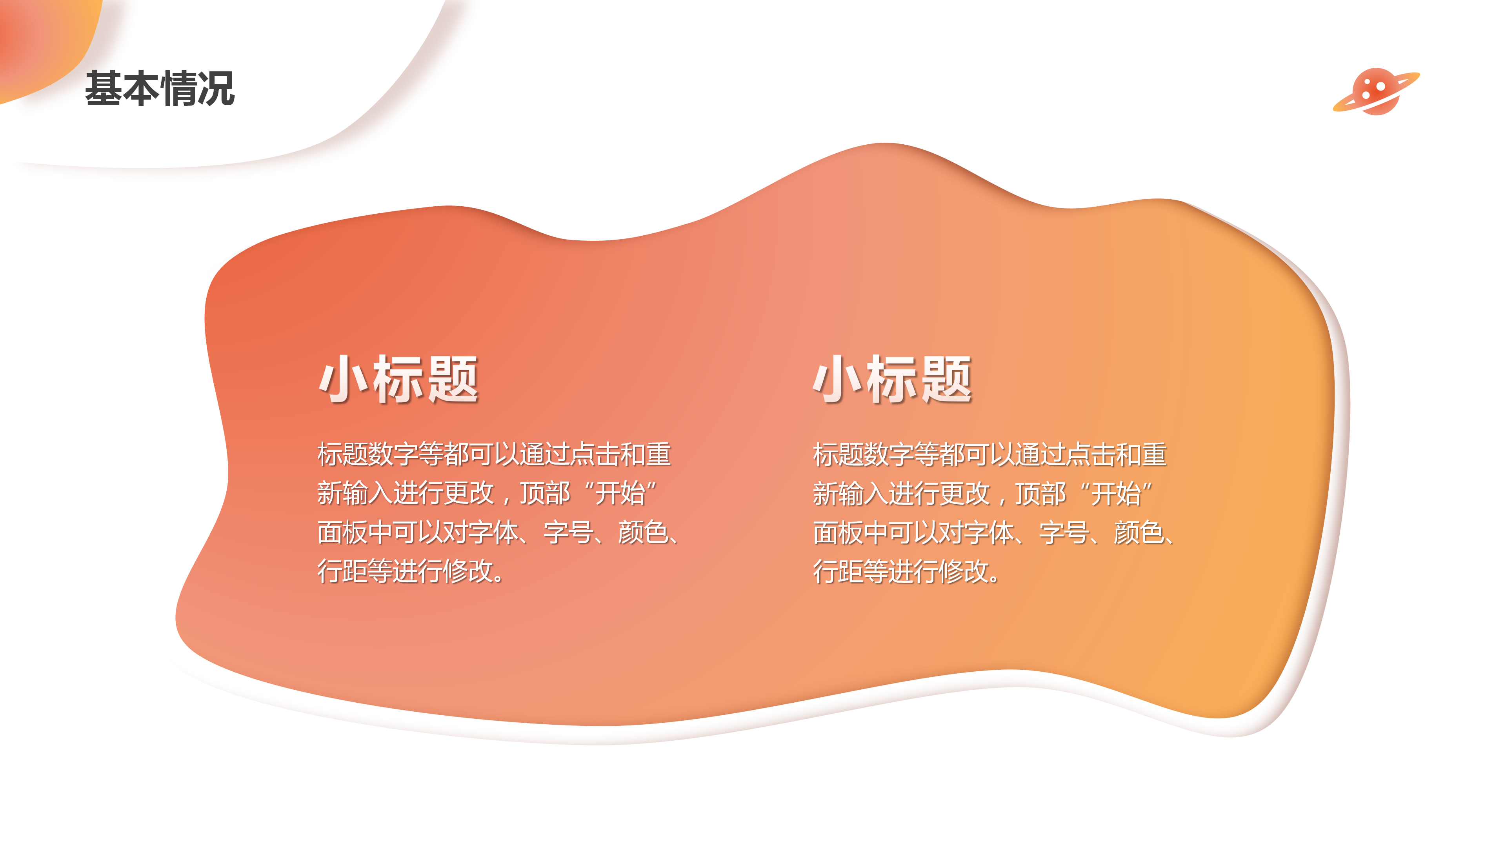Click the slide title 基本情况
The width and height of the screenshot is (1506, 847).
tap(160, 89)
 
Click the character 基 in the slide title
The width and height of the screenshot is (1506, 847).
tap(104, 89)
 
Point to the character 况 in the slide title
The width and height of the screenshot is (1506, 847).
tap(216, 89)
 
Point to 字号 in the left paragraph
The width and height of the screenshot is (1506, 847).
tap(567, 533)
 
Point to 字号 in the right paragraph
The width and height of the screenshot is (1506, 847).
tap(1064, 533)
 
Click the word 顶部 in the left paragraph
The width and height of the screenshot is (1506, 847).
tap(544, 493)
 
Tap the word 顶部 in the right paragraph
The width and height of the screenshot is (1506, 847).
tap(1040, 493)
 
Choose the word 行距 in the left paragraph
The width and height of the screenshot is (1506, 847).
tap(342, 571)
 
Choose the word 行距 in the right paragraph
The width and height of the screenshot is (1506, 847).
tap(838, 571)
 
